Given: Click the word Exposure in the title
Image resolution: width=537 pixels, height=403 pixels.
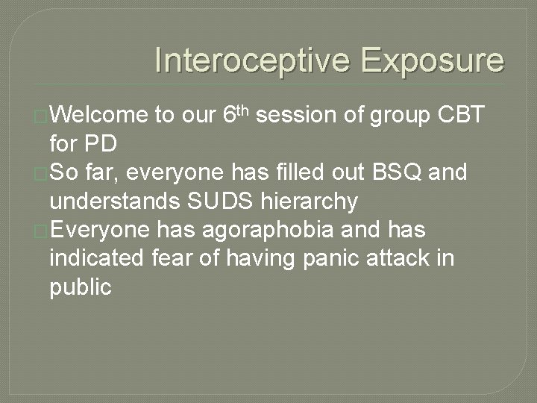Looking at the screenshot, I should (433, 60).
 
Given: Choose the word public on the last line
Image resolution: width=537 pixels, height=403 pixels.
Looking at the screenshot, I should (80, 288).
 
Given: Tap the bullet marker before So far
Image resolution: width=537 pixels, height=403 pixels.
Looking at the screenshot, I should (43, 174).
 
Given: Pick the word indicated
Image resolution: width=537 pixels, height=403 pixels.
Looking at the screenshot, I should (94, 259).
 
